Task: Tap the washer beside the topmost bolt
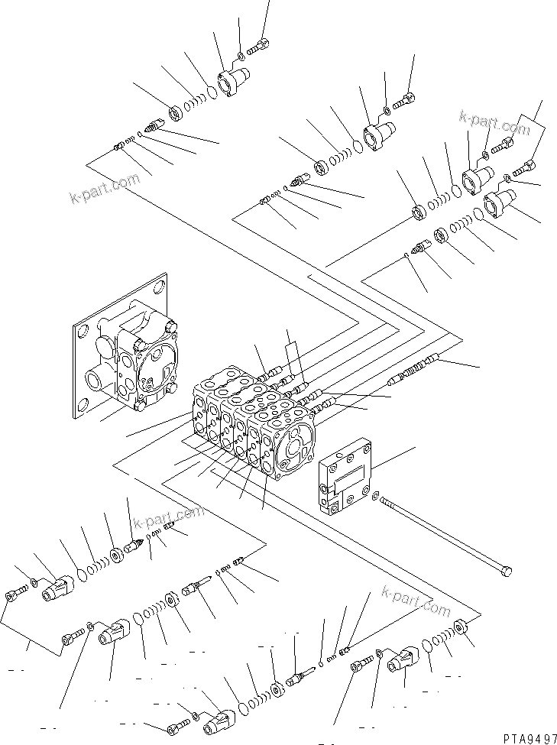coord(241,55)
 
